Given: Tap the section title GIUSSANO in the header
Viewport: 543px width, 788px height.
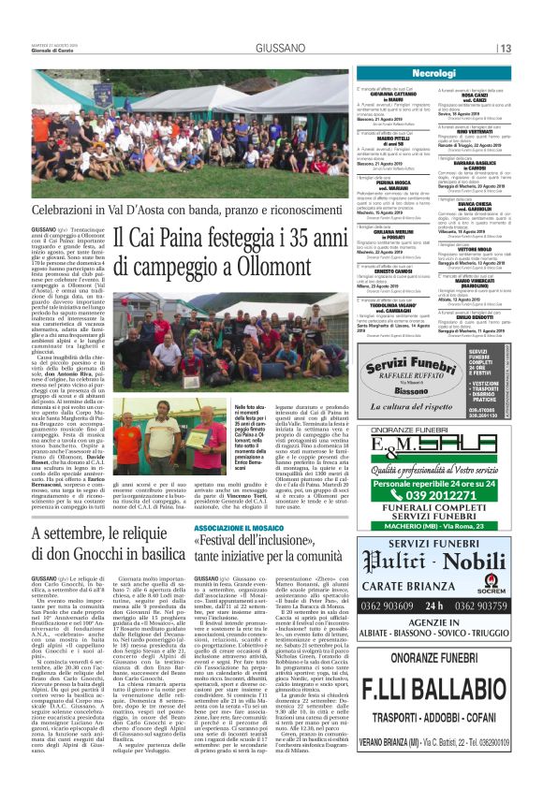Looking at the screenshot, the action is [x=276, y=47].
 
